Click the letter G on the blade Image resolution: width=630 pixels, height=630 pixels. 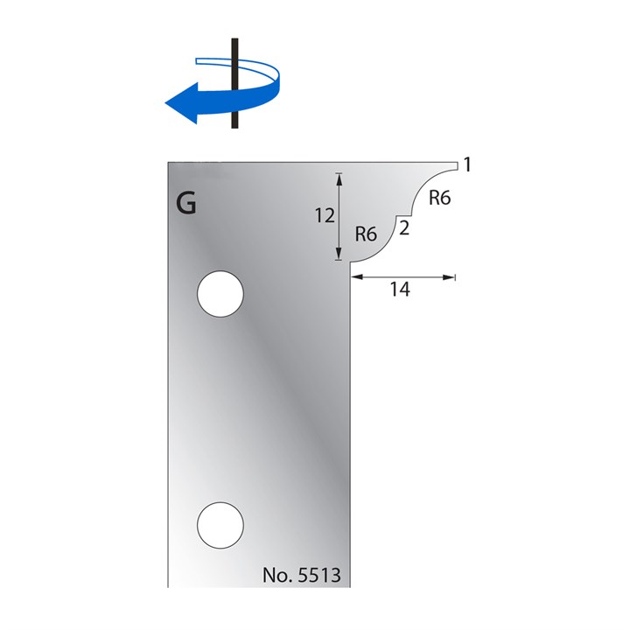tap(186, 204)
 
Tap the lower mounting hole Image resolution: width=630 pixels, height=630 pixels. tap(220, 525)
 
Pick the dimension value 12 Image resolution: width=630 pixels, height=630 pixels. tap(325, 215)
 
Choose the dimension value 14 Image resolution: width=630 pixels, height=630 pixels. tap(400, 290)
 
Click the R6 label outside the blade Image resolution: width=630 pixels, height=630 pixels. tap(439, 199)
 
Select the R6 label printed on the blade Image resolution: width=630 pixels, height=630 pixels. tap(366, 234)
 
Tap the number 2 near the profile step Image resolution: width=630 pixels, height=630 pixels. tap(403, 228)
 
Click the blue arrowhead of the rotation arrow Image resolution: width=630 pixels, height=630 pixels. tap(180, 102)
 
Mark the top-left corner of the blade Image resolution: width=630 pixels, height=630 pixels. tap(169, 161)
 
